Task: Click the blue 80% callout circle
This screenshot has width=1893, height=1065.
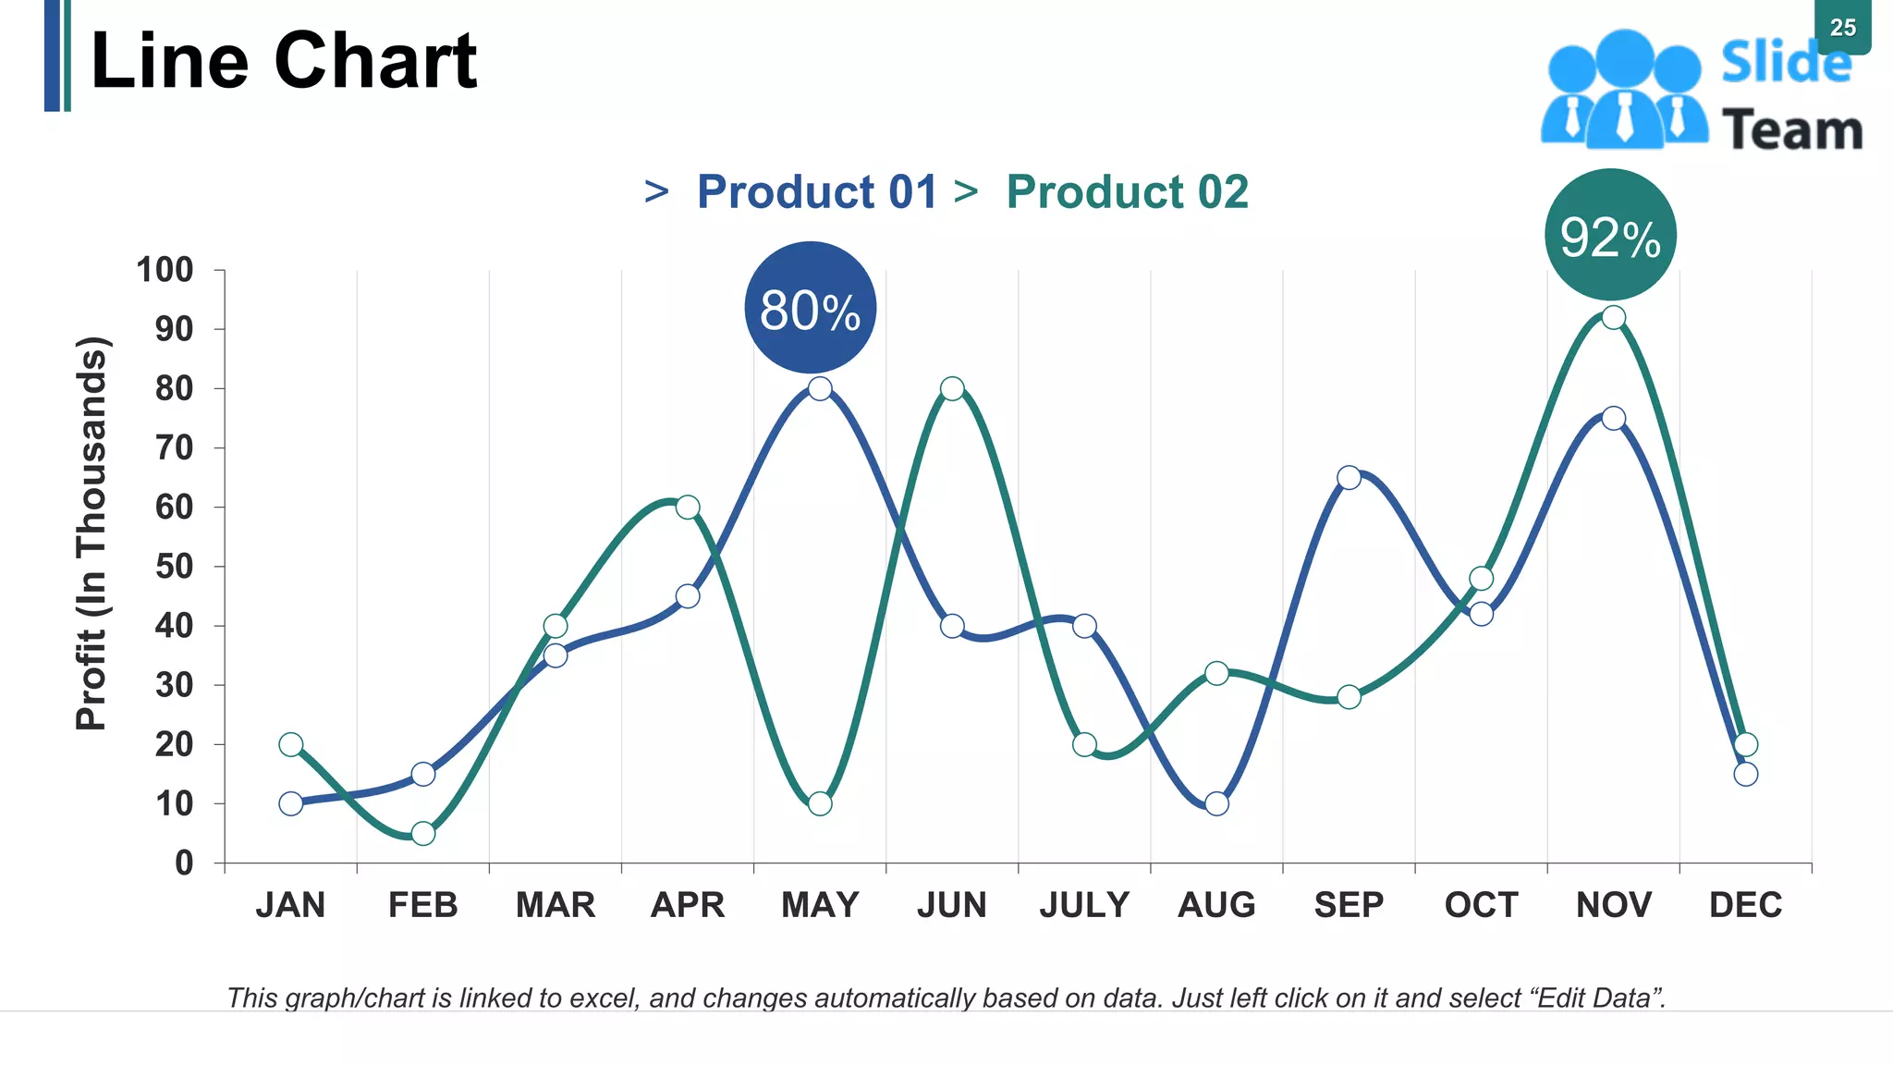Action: (810, 308)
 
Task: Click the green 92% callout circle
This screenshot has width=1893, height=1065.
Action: (1610, 235)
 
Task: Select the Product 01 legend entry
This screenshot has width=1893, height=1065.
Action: (816, 192)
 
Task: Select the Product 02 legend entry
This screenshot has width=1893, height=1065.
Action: (1127, 192)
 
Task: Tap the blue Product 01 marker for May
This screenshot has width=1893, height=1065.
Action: (820, 388)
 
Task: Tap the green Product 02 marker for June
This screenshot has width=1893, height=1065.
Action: (952, 388)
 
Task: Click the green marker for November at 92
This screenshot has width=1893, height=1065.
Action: (1613, 318)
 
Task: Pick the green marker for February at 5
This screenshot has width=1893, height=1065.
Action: (423, 833)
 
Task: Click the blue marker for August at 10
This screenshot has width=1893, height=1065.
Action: (1217, 803)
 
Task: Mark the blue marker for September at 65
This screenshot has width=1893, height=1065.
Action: (1349, 478)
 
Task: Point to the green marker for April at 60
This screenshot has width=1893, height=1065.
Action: (688, 507)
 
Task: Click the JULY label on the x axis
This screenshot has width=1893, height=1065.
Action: (1084, 904)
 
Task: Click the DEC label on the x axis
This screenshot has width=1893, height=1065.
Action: (1745, 904)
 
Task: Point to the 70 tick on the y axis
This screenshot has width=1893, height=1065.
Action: (174, 448)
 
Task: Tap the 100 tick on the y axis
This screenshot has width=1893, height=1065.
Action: (165, 270)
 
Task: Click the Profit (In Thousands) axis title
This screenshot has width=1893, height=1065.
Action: (92, 533)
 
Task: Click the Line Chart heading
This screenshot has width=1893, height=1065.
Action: (284, 61)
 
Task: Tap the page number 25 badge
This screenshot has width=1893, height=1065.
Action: (1842, 28)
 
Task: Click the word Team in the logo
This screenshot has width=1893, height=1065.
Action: (1791, 130)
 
